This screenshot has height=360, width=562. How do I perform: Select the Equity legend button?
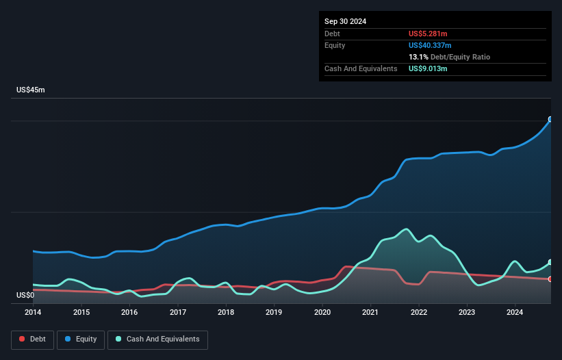[x=81, y=339]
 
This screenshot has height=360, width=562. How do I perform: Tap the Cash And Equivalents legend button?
[x=157, y=339]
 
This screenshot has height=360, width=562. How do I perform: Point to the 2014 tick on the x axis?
[x=33, y=313]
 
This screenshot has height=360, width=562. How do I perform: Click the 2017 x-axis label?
[x=177, y=313]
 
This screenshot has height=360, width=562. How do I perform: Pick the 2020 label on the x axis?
[x=322, y=313]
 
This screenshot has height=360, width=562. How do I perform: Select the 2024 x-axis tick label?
[x=515, y=313]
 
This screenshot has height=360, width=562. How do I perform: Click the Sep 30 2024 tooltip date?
[x=345, y=21]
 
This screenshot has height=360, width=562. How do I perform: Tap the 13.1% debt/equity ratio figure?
[x=419, y=57]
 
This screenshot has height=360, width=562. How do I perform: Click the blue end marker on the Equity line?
[x=550, y=119]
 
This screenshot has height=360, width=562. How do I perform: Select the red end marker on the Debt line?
[x=550, y=279]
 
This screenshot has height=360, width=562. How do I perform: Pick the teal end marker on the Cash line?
[x=550, y=262]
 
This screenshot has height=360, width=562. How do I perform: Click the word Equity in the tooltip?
[x=335, y=45]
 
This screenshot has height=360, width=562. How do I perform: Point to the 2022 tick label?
[x=419, y=313]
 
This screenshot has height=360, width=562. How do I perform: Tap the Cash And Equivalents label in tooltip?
[x=361, y=68]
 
